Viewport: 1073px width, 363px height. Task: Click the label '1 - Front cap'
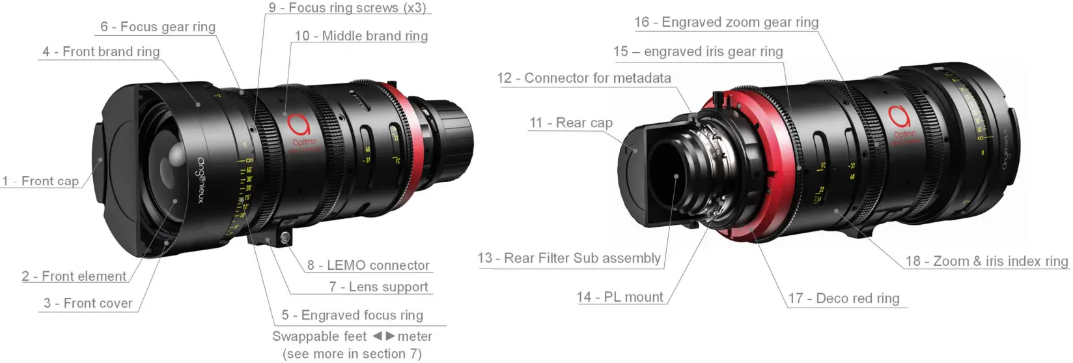point(40,181)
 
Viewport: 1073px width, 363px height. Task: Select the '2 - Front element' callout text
point(74,276)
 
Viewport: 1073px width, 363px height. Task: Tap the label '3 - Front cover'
point(88,303)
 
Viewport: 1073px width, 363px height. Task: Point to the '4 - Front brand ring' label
point(101,52)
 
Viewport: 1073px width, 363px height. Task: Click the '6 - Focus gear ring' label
point(158,27)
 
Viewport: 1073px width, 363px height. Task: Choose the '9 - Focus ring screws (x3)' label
point(347,8)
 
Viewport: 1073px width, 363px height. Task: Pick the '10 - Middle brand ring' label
point(361,36)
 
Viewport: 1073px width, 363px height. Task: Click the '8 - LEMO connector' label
point(368,265)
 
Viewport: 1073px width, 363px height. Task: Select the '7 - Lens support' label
point(378,287)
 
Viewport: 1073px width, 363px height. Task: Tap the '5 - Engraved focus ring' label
point(352,315)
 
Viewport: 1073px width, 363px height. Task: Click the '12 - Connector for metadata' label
point(584,78)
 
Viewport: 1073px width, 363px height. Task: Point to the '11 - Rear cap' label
point(571,123)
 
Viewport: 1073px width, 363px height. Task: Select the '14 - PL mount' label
point(620,297)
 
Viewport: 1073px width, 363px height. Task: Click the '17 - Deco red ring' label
point(844,298)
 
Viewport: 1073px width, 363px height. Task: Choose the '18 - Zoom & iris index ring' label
point(986,261)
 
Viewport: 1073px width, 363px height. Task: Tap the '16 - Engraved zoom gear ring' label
point(726,22)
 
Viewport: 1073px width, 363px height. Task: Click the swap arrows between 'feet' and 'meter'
point(383,336)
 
